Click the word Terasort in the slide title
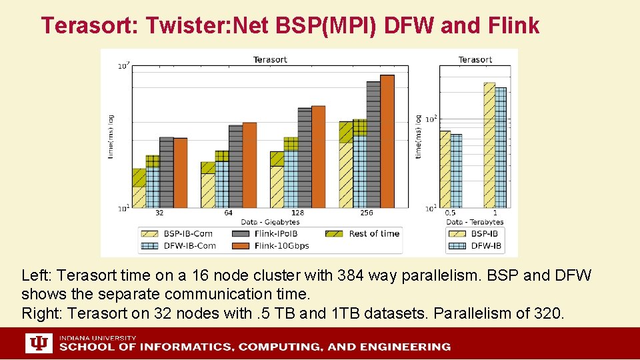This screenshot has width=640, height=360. coord(87,25)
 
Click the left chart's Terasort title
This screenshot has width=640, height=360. coord(270,59)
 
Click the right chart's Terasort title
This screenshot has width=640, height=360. coord(475,59)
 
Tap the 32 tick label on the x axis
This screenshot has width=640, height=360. coord(159,213)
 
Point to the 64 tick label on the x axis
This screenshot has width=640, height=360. coord(228,213)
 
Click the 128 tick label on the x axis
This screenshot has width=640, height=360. coord(297,213)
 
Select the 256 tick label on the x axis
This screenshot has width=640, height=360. coord(367,213)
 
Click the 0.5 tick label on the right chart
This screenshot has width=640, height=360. coord(451,213)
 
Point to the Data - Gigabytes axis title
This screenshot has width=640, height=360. coord(270,221)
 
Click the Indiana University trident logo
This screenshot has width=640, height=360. coord(39,343)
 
